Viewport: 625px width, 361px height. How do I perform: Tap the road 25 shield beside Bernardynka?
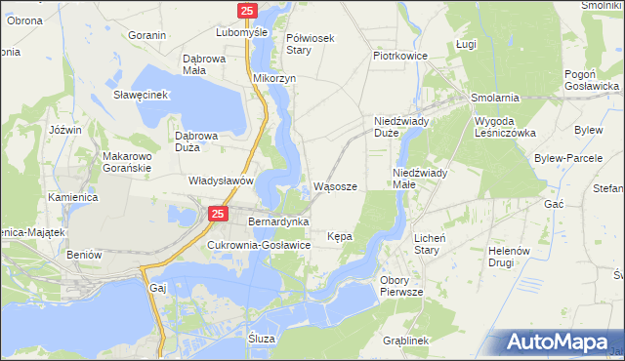[x=218, y=214]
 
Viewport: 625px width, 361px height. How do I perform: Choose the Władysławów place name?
[x=222, y=180]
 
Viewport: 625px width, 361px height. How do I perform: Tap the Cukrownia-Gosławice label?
[x=259, y=245]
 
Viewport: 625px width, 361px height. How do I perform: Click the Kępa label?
[x=340, y=237]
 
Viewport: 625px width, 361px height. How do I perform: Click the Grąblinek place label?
[x=407, y=341]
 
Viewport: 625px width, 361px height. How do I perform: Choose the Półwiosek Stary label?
[x=311, y=45]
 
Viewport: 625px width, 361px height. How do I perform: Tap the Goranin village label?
[x=147, y=35]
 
